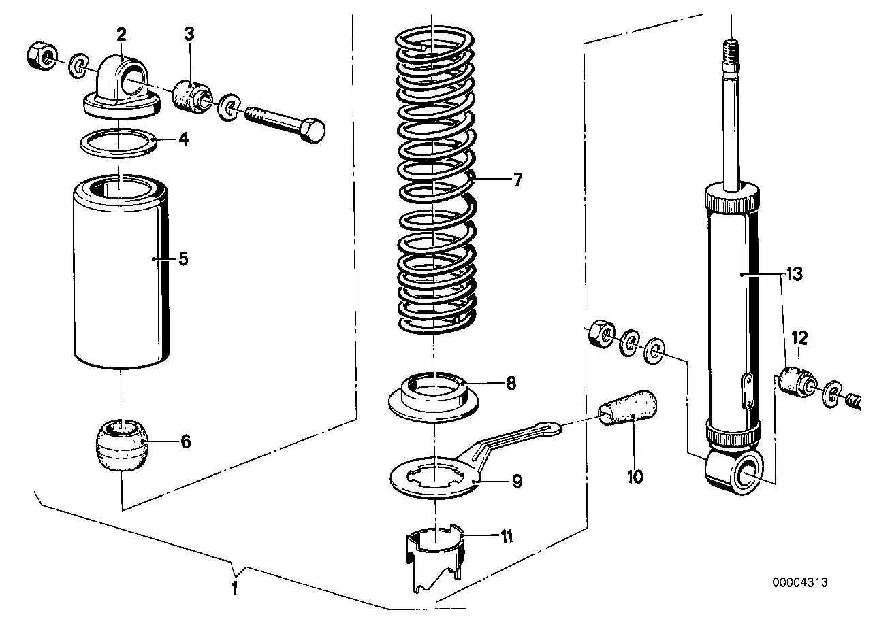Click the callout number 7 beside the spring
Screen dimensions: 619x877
(x=517, y=181)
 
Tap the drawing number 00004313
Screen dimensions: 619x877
(x=800, y=583)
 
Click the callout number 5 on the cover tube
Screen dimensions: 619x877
(x=182, y=258)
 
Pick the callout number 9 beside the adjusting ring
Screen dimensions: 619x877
(x=517, y=482)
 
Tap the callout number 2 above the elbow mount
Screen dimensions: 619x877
(x=121, y=35)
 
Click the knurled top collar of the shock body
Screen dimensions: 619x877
(x=732, y=200)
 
